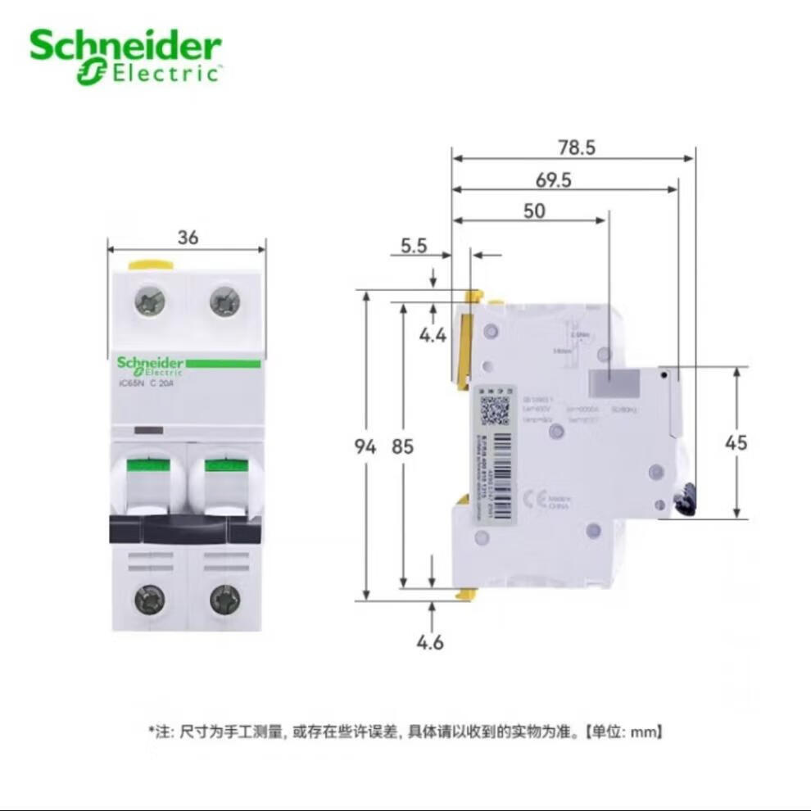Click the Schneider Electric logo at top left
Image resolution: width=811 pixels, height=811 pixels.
(x=125, y=57)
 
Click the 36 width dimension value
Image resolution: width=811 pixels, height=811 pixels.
(x=188, y=238)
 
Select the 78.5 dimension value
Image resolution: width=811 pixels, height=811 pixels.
(x=577, y=147)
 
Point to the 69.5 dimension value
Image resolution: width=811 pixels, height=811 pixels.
(x=554, y=180)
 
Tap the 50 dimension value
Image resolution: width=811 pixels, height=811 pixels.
(x=533, y=211)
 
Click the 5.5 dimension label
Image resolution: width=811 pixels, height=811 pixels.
(x=414, y=245)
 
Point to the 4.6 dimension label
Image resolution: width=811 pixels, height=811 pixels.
(x=430, y=642)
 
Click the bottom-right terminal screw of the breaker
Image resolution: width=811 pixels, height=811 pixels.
(x=224, y=600)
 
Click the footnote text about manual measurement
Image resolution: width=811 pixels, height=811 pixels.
(x=405, y=731)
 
